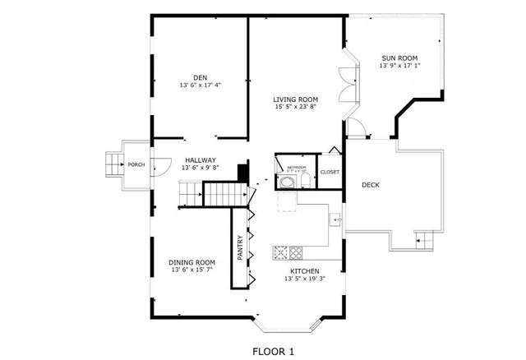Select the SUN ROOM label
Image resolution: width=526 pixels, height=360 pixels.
pyautogui.click(x=399, y=58)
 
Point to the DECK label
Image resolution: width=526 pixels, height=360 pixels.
pyautogui.click(x=371, y=184)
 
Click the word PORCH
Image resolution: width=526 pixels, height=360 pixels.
pyautogui.click(x=136, y=164)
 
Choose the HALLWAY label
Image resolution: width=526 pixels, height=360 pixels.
pyautogui.click(x=200, y=160)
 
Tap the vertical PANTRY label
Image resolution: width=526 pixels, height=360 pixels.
pyautogui.click(x=240, y=249)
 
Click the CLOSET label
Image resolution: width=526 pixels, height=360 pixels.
pyautogui.click(x=330, y=172)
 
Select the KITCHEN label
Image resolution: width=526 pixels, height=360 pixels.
pyautogui.click(x=304, y=271)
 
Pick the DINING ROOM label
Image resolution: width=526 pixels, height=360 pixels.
pyautogui.click(x=192, y=262)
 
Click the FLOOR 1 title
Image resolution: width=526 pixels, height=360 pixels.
pyautogui.click(x=273, y=351)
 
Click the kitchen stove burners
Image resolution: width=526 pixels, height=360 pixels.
pyautogui.click(x=289, y=252)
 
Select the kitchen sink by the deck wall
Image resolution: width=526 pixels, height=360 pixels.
pyautogui.click(x=335, y=219)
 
